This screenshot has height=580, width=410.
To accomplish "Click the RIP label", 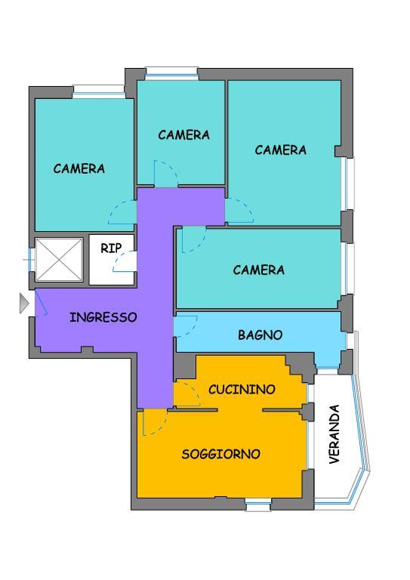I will point(111,248).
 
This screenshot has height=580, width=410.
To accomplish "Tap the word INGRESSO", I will point(103,317).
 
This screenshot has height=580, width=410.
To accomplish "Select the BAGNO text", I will point(260,335).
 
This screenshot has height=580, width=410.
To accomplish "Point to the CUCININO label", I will point(242,390).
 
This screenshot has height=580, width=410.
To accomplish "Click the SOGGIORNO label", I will point(221,454).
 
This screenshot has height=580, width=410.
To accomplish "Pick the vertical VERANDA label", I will point(334,434).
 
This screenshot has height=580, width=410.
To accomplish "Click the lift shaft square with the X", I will point(59,260).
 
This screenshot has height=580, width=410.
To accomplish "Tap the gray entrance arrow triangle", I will point(23,304).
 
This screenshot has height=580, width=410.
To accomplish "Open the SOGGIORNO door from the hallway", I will point(154,423).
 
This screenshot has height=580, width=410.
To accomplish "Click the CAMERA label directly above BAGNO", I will point(259,270).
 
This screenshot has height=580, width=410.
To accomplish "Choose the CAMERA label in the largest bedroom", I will point(281,150).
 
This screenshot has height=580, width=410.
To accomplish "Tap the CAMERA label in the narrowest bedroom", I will point(183,135).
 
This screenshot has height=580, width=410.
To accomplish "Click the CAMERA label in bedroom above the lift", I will point(79,168).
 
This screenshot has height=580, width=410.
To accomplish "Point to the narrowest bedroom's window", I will point(171,72).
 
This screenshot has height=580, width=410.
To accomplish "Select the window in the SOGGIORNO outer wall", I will point(258,506).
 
